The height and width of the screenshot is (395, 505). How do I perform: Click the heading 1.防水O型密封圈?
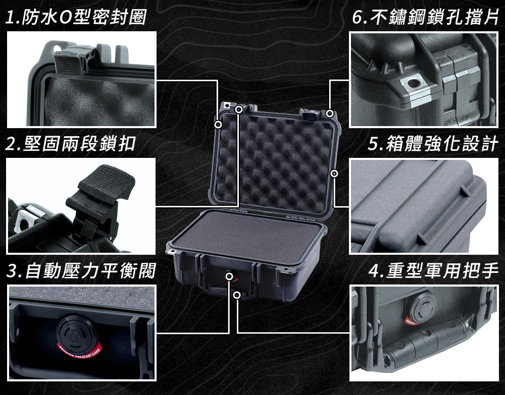(x=76, y=17)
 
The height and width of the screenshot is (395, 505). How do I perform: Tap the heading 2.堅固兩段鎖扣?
(x=71, y=143)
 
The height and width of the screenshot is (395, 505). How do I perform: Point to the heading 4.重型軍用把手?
(x=433, y=270)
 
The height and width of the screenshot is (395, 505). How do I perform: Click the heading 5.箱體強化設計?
(x=433, y=143)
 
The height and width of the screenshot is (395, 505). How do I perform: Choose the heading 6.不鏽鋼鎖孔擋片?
(x=425, y=17)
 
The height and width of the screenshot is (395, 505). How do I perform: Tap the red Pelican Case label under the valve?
(x=79, y=352)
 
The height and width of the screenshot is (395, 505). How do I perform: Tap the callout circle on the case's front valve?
(x=229, y=276)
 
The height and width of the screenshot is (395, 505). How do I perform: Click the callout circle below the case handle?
(x=237, y=295)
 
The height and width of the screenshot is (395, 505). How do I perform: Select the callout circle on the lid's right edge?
(x=334, y=174)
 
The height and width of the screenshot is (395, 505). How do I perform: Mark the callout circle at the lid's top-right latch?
(x=329, y=113)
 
